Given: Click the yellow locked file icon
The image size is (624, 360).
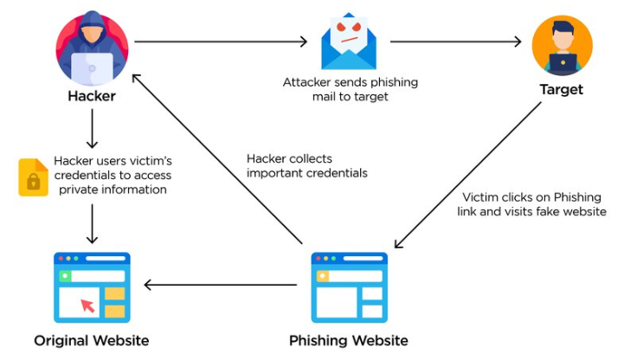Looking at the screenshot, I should point(33,177).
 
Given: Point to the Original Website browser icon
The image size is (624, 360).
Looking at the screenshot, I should point(91,286).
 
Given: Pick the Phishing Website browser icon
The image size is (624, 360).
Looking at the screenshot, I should point(350,286).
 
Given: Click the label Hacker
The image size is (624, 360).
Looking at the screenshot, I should point(92,96).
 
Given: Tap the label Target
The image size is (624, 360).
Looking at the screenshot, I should point(562,90).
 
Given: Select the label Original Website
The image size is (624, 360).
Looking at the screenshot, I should point(92,340).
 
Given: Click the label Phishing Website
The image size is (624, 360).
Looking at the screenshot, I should point(350,340).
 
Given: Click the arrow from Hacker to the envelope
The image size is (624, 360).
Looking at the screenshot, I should point(221,41).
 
